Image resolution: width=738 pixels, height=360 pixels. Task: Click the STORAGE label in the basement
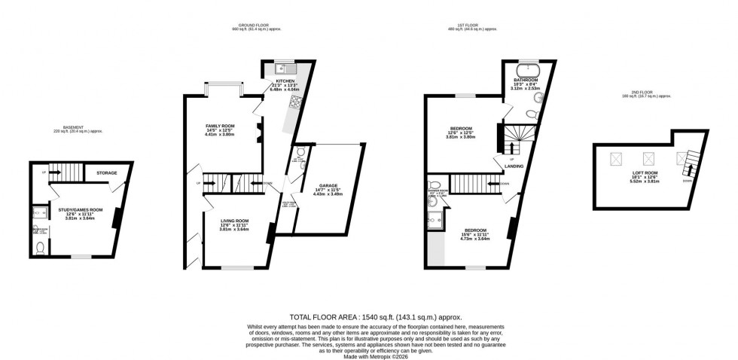[x=106, y=173]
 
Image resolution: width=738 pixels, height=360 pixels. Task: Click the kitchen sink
[x=279, y=66]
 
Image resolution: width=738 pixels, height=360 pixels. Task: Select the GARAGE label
[x=328, y=185]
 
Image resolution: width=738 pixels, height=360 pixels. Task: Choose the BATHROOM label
[x=526, y=80]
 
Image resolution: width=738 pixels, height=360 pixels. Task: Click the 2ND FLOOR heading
[x=636, y=93]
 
